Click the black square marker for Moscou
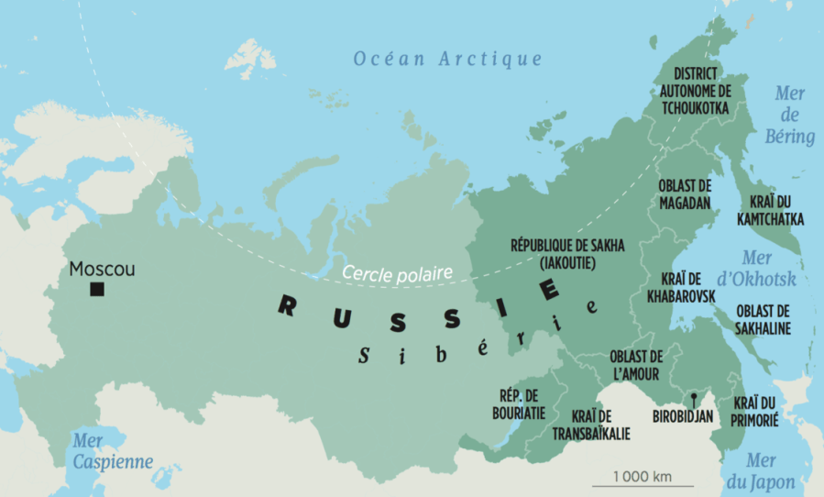(x=96, y=290)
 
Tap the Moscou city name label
(x=102, y=270)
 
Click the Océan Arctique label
(x=448, y=60)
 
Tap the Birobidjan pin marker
(x=696, y=398)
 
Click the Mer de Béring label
(x=789, y=116)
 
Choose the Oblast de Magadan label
(x=685, y=193)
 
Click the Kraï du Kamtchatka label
(x=770, y=211)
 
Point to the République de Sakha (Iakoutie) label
(x=554, y=254)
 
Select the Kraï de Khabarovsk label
(x=681, y=287)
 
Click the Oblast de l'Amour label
(x=635, y=365)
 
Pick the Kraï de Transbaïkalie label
(x=591, y=425)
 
